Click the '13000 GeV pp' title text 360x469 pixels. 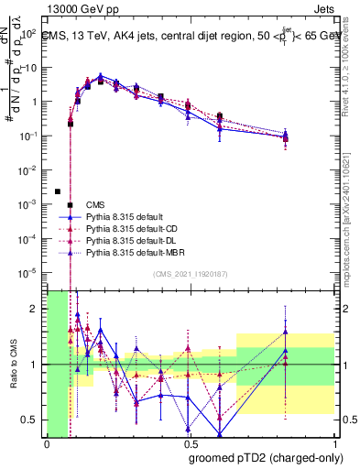pos(80,10)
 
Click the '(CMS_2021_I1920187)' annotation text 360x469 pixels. pos(190,274)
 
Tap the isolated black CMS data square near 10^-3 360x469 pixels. pos(58,191)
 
